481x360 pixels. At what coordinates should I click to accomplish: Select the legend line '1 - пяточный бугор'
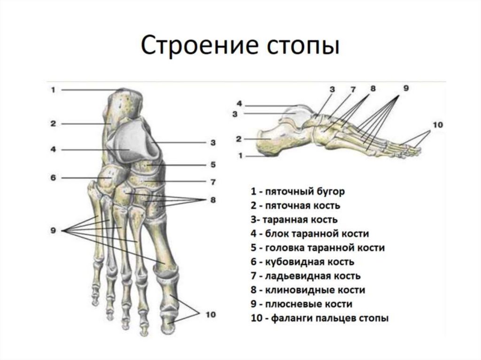[x=298, y=191]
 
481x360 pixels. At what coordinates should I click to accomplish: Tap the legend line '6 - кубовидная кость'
[x=303, y=262]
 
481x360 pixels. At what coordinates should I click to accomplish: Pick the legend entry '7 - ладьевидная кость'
[x=306, y=276]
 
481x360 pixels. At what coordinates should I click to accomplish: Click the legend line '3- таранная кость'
[x=295, y=220]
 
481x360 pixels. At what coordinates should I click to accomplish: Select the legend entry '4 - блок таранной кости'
[x=310, y=234]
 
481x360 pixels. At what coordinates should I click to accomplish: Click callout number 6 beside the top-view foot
[x=53, y=177]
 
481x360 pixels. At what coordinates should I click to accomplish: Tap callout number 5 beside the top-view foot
[x=212, y=165]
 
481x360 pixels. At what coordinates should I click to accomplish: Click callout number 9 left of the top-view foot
[x=53, y=230]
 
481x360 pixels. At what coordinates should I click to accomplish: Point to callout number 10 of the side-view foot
[x=438, y=125]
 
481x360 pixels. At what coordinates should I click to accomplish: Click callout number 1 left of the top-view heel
[x=53, y=90]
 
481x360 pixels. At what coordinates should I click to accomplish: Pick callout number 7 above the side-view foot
[x=353, y=89]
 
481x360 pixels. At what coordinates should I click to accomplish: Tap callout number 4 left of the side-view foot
[x=239, y=104]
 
